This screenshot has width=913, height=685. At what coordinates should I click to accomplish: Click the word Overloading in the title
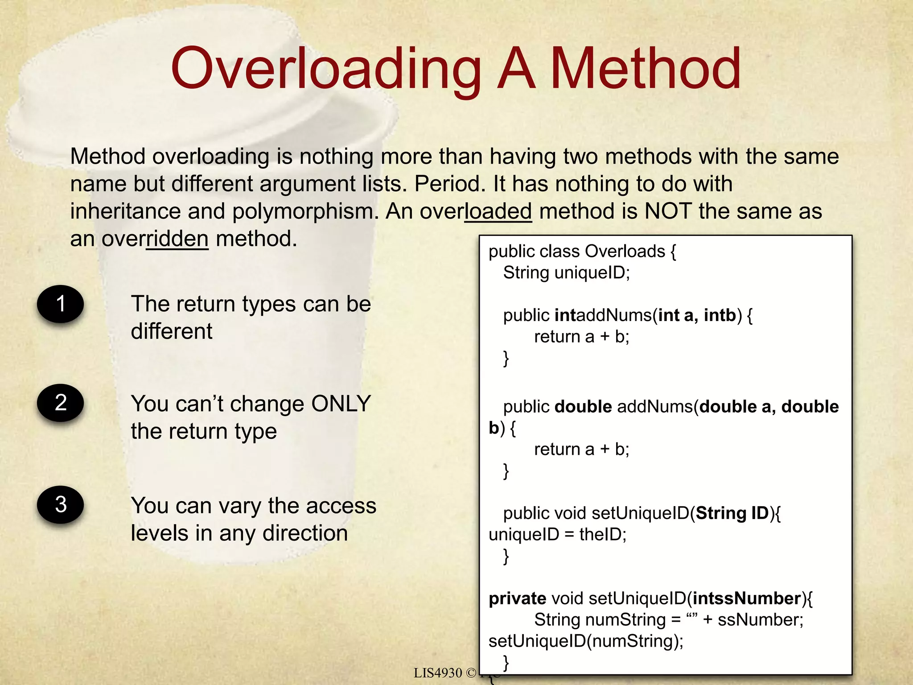325,69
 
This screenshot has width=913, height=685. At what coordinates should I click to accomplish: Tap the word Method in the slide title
646,69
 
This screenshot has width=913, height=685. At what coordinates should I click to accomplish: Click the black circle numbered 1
61,304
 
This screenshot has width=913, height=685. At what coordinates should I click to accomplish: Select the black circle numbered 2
61,403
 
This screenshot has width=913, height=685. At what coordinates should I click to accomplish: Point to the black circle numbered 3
61,504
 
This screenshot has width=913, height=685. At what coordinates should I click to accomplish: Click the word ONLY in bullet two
341,404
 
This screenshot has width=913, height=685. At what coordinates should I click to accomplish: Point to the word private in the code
517,598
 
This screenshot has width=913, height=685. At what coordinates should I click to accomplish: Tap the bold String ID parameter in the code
732,513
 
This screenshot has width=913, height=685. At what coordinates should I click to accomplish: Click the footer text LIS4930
438,673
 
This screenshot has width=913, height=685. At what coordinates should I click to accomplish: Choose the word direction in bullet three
305,533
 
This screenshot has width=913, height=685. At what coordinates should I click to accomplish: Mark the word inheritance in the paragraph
125,211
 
